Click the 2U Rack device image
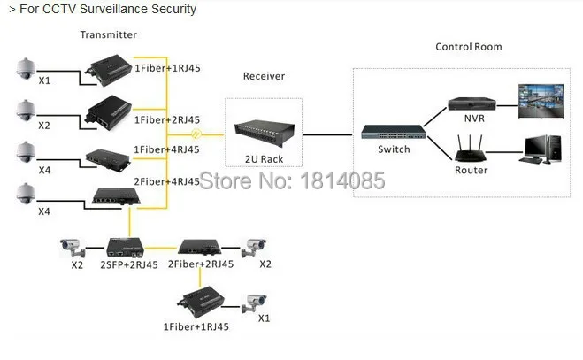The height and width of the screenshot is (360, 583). click(265, 134)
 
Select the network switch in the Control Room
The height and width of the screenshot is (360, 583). click(394, 132)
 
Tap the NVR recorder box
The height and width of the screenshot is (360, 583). click(472, 103)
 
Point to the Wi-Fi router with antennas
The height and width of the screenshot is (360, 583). click(471, 149)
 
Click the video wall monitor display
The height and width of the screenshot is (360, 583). click(541, 101)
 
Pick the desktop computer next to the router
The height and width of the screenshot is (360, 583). click(540, 149)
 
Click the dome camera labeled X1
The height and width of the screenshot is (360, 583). click(26, 68)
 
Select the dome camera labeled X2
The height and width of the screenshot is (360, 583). click(26, 110)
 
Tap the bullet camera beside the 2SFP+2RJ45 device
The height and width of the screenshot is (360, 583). click(73, 248)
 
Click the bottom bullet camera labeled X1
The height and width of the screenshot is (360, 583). click(254, 303)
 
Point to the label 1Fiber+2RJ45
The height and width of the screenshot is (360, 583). click(167, 119)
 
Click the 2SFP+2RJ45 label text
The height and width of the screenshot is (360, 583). click(129, 264)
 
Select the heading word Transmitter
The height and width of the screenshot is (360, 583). click(109, 34)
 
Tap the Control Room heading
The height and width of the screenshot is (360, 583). click(469, 47)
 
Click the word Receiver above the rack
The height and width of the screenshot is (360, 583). click(264, 76)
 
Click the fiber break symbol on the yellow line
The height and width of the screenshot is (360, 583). click(196, 134)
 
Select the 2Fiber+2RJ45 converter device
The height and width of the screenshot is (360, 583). click(200, 247)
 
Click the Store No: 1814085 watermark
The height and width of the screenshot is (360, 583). click(292, 180)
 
